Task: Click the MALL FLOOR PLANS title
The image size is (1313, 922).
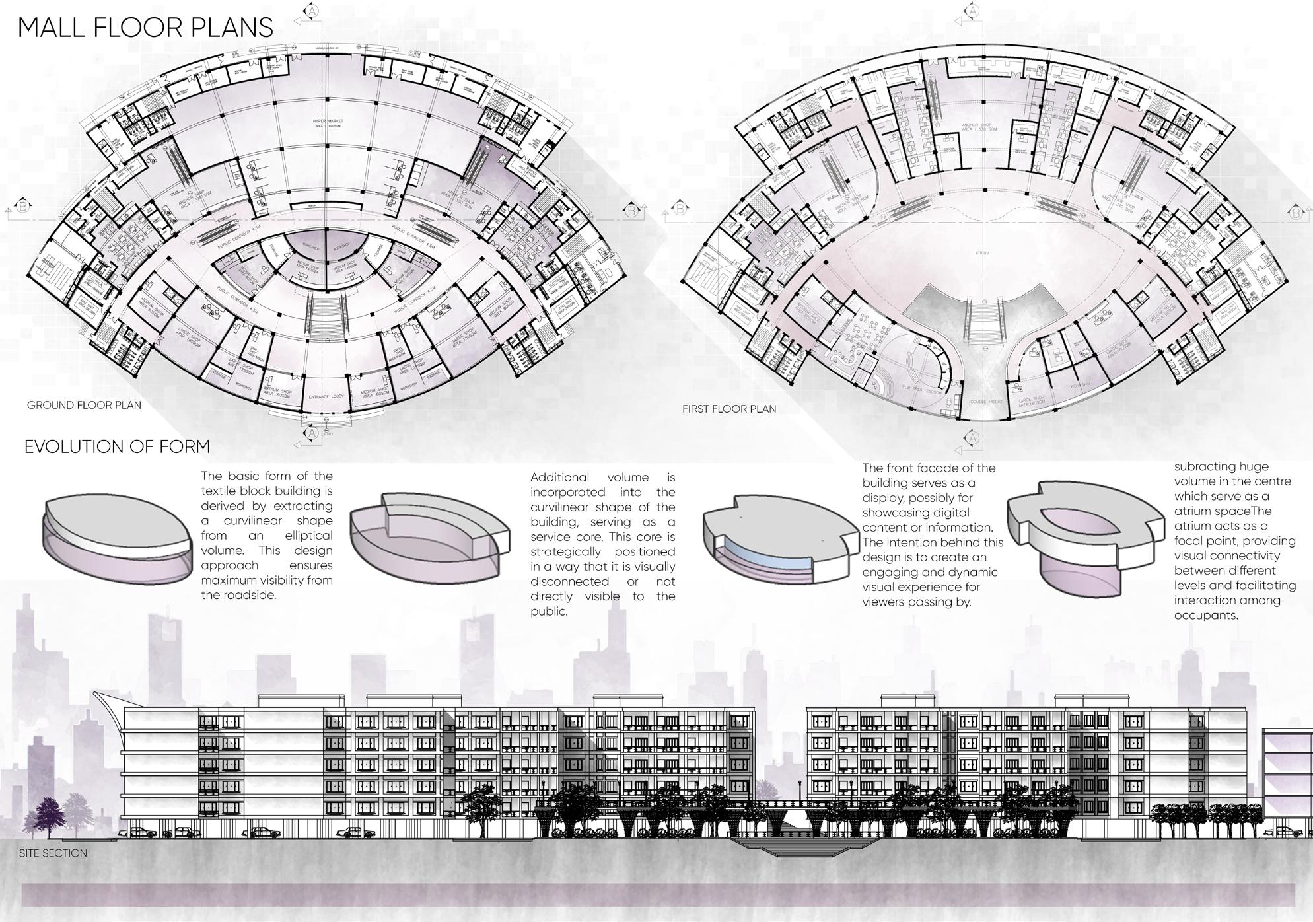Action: [x=145, y=28]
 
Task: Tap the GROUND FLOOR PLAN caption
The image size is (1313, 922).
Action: [x=84, y=405]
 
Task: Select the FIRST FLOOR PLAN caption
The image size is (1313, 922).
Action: [x=729, y=409]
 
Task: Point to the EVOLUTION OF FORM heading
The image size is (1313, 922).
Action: [x=117, y=447]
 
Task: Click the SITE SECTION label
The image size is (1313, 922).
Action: [x=53, y=853]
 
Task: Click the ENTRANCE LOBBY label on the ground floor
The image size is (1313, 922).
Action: [x=324, y=397]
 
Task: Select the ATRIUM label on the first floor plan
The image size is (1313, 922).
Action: [x=982, y=253]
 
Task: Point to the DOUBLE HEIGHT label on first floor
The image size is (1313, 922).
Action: [x=987, y=402]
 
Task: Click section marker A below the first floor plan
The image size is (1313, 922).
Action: [x=973, y=438]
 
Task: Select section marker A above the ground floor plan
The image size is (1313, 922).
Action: [x=312, y=11]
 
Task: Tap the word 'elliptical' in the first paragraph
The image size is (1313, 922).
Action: [x=308, y=536]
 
